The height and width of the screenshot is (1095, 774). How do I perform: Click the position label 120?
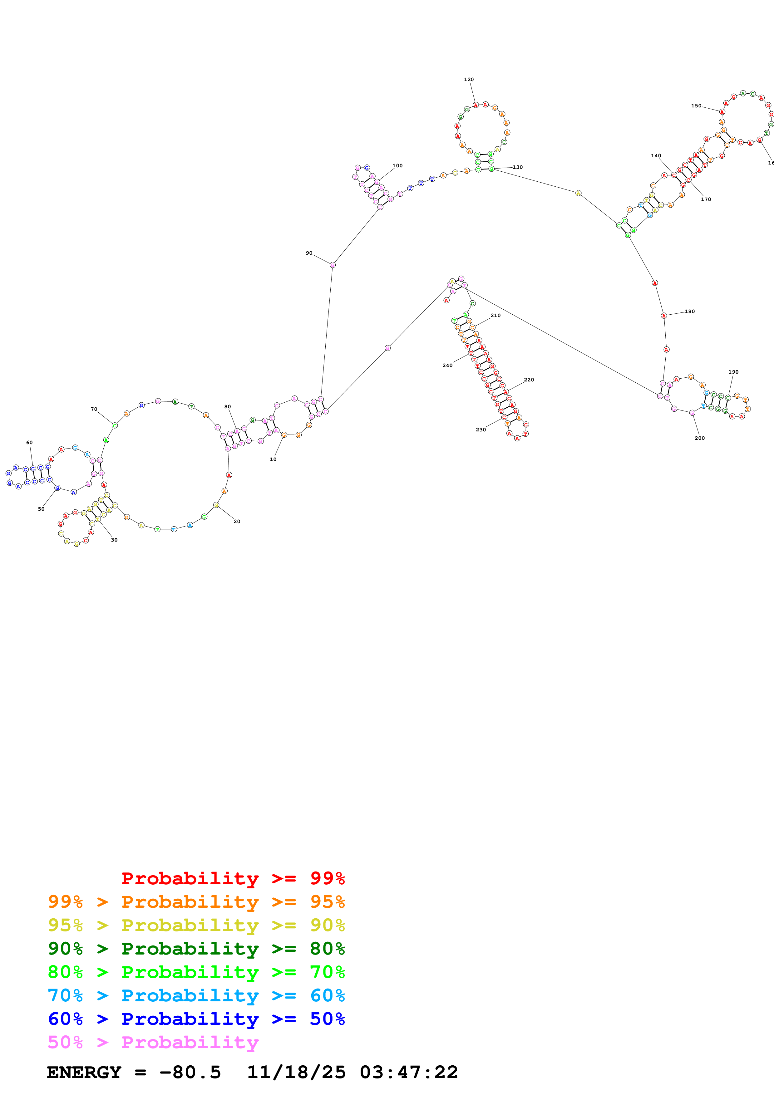(x=469, y=80)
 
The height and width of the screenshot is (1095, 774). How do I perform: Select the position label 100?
(x=397, y=166)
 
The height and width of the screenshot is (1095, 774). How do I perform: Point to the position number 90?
(x=309, y=253)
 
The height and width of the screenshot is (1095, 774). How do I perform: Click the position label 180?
(x=690, y=312)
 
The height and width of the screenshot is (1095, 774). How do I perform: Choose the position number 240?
(x=447, y=365)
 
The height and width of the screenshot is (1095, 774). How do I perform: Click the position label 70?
(x=94, y=409)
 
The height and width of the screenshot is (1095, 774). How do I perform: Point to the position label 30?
(x=114, y=540)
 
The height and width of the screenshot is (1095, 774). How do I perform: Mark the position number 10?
(x=273, y=459)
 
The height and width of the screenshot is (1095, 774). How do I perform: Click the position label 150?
(x=696, y=106)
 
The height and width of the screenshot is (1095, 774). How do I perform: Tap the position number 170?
(x=706, y=199)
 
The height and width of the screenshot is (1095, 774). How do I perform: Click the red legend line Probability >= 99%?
(x=233, y=878)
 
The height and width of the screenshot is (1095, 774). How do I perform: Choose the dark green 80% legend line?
(x=196, y=949)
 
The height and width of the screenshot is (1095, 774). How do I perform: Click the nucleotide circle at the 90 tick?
(x=333, y=265)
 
